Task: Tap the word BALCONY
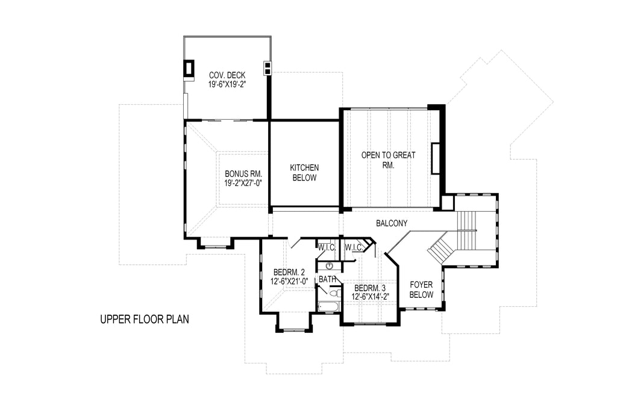tap(392, 223)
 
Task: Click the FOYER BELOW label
tap(421, 289)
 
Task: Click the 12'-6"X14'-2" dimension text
tap(371, 296)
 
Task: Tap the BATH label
tap(328, 279)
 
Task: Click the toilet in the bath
tap(333, 293)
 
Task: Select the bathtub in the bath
tap(329, 307)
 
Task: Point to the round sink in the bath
tap(329, 265)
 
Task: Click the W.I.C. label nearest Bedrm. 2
tap(327, 247)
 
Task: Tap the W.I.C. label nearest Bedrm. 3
tap(354, 247)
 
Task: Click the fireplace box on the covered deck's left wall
tap(189, 69)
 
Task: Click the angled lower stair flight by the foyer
tap(440, 249)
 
